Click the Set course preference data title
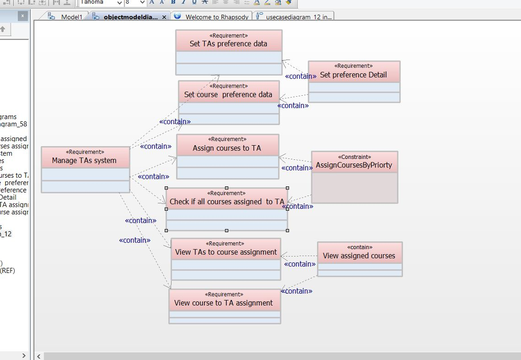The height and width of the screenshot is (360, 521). pyautogui.click(x=228, y=94)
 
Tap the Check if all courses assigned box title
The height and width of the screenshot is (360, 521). pyautogui.click(x=226, y=202)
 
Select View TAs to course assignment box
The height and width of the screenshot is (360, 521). pyautogui.click(x=226, y=252)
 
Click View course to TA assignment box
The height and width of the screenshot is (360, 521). pyautogui.click(x=224, y=303)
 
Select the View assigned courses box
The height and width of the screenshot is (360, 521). pyautogui.click(x=359, y=256)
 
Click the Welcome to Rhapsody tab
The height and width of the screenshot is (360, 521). pyautogui.click(x=217, y=17)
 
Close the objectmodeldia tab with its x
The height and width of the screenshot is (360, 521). pyautogui.click(x=164, y=17)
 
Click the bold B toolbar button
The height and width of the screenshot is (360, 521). pyautogui.click(x=173, y=3)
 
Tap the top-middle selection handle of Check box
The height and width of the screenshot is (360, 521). pyautogui.click(x=226, y=188)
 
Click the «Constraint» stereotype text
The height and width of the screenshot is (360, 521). pyautogui.click(x=355, y=157)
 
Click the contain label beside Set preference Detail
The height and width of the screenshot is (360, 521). pyautogui.click(x=300, y=76)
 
